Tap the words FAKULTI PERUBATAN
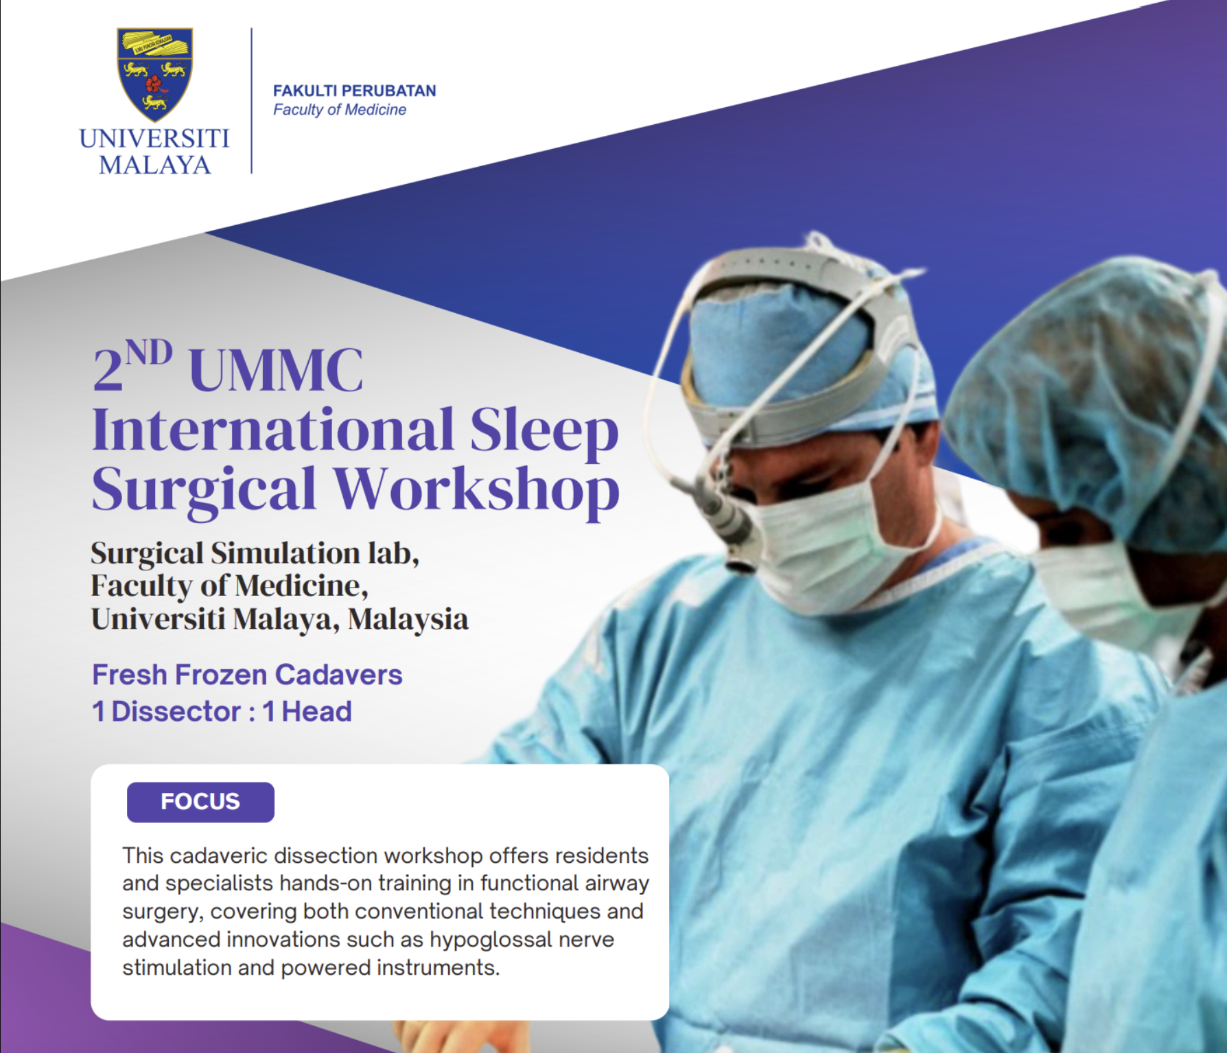[x=354, y=91]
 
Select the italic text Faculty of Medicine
[x=340, y=110]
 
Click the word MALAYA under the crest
[x=154, y=165]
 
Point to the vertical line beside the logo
[x=252, y=101]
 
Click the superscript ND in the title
[x=149, y=354]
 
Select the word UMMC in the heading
[x=276, y=371]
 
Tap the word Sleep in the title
[x=544, y=430]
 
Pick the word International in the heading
[x=273, y=430]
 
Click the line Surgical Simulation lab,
[x=255, y=553]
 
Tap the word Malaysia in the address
[x=408, y=619]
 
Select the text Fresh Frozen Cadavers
[x=247, y=675]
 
